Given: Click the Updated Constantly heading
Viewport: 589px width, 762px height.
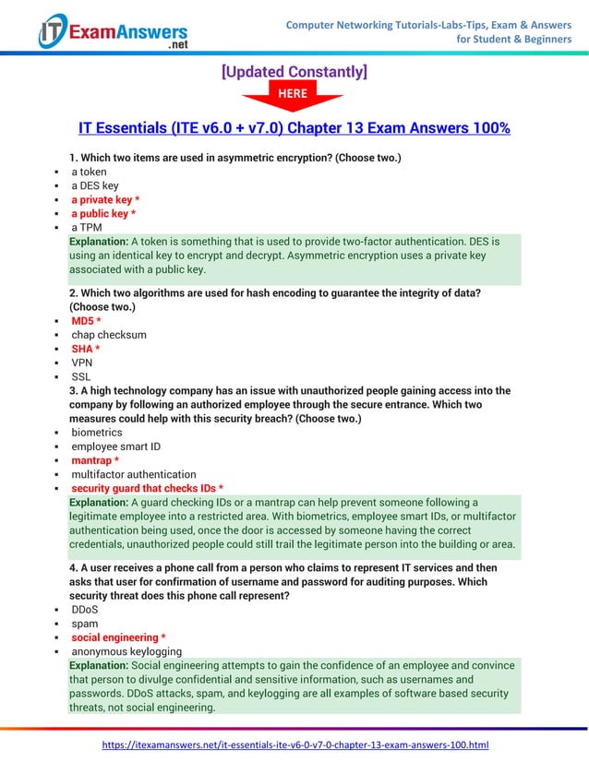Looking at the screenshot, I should (294, 71).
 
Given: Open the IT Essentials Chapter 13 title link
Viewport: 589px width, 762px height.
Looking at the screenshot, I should (294, 127).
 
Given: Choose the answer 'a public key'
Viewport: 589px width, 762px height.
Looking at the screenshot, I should (103, 214).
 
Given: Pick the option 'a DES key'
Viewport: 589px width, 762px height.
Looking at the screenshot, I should (95, 185).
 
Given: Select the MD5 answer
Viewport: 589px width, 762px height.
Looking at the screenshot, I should (86, 320).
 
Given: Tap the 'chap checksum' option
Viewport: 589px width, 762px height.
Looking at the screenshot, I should (109, 334).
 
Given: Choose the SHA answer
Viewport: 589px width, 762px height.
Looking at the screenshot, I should (86, 349).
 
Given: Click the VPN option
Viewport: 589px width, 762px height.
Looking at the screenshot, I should (82, 363).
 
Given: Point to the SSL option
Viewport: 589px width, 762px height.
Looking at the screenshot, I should (81, 376).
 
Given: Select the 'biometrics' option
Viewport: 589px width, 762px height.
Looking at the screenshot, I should (97, 432).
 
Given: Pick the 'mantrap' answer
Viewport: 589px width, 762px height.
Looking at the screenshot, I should (95, 459).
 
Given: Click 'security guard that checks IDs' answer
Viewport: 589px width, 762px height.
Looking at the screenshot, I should (148, 488).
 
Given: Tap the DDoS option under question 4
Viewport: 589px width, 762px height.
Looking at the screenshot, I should (85, 610).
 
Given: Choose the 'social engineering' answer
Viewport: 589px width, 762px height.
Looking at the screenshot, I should (118, 637).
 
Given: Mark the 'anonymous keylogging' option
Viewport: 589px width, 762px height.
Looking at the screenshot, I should (126, 651).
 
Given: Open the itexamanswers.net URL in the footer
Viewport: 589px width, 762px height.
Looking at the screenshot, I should (294, 744).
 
